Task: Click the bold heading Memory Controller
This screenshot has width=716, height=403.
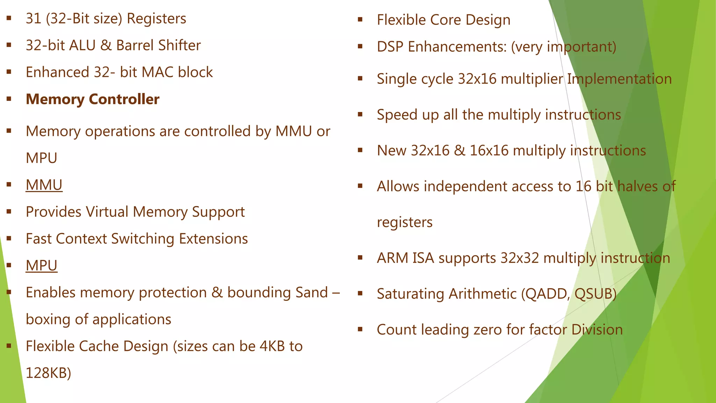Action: click(x=92, y=99)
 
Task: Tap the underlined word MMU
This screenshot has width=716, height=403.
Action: click(x=44, y=185)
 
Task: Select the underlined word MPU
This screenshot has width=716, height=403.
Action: click(x=42, y=266)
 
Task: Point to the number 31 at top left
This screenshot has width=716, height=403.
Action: click(x=34, y=19)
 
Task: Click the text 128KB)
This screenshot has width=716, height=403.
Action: click(x=48, y=373)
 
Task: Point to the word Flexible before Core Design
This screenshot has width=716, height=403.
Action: click(x=401, y=20)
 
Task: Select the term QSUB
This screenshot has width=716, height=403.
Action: click(x=594, y=294)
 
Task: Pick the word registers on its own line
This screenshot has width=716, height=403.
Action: click(x=404, y=222)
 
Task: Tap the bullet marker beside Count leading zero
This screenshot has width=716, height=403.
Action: click(x=360, y=329)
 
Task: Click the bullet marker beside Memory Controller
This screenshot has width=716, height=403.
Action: click(x=9, y=99)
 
